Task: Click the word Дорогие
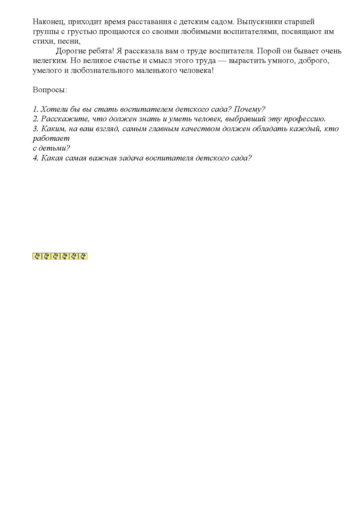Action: pyautogui.click(x=71, y=51)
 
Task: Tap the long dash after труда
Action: pyautogui.click(x=220, y=61)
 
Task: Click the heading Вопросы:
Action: pyautogui.click(x=50, y=90)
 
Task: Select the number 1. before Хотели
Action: pyautogui.click(x=35, y=109)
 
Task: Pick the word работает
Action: pyautogui.click(x=51, y=138)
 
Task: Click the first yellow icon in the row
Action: pyautogui.click(x=37, y=256)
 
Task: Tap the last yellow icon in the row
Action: pyautogui.click(x=83, y=256)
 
